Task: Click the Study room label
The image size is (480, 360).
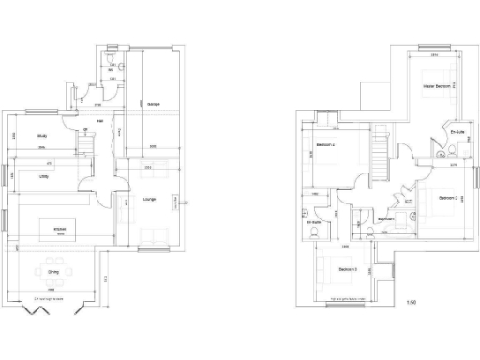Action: pyautogui.click(x=41, y=136)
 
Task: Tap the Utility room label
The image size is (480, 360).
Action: pyautogui.click(x=43, y=175)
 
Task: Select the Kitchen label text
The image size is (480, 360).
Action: pyautogui.click(x=59, y=229)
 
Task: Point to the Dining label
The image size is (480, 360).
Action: pyautogui.click(x=54, y=272)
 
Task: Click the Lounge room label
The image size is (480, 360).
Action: pyautogui.click(x=148, y=199)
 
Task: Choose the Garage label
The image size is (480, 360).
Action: pyautogui.click(x=153, y=103)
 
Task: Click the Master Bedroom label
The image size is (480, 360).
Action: pyautogui.click(x=437, y=86)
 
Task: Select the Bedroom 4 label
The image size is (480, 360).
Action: pyautogui.click(x=325, y=145)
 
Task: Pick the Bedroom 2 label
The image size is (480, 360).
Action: pyautogui.click(x=446, y=198)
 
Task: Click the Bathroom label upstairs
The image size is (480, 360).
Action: pyautogui.click(x=384, y=219)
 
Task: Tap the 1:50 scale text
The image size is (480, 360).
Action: pyautogui.click(x=411, y=302)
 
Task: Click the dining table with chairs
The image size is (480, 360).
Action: pyautogui.click(x=53, y=273)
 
